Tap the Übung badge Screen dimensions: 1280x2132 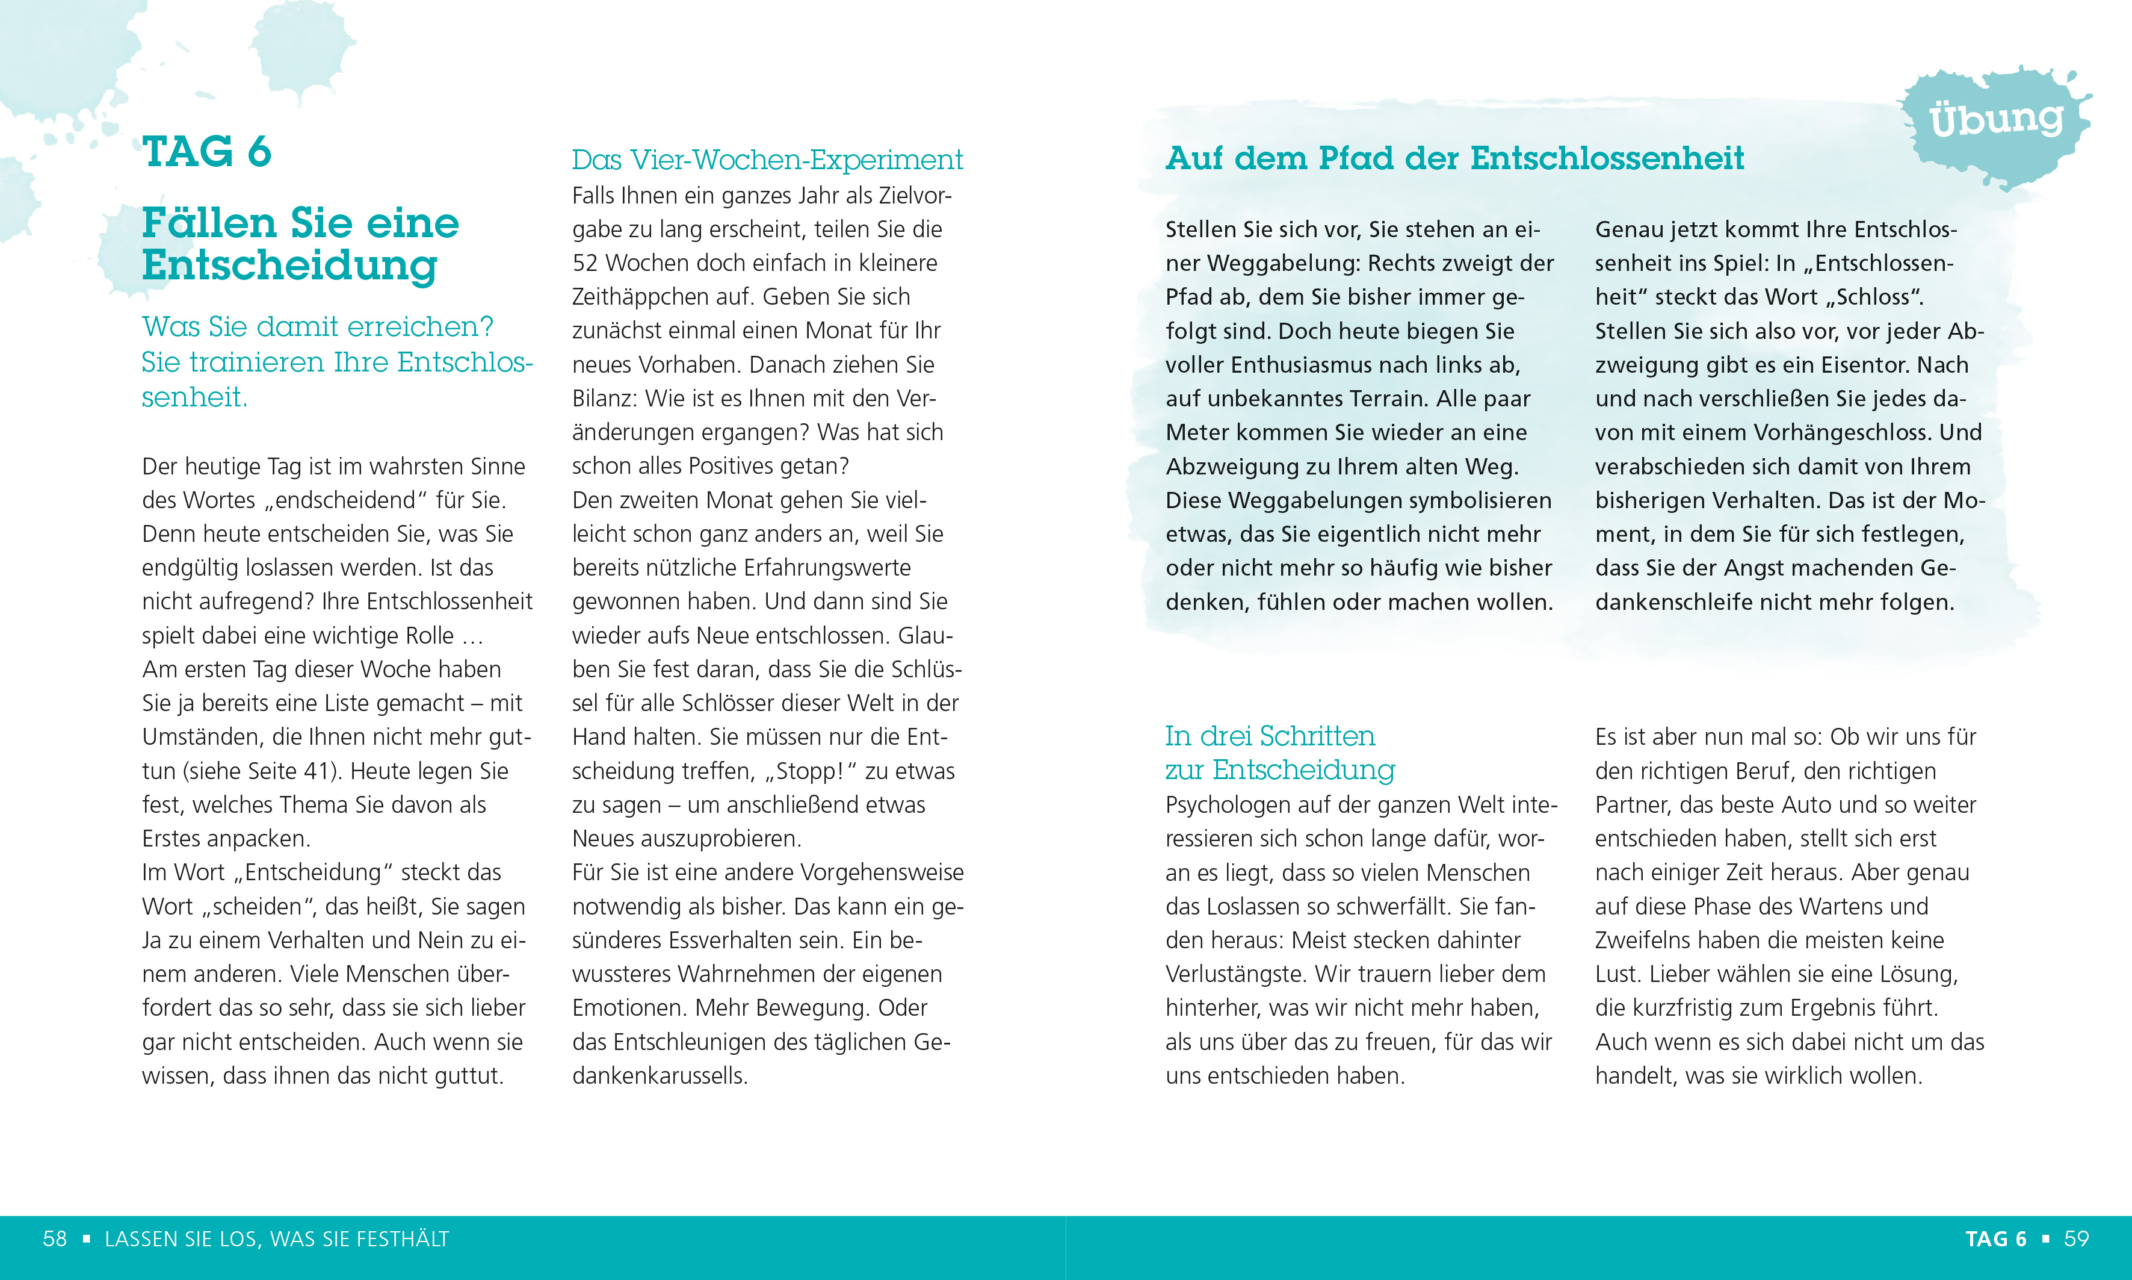point(1996,120)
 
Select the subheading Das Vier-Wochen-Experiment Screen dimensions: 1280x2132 point(767,160)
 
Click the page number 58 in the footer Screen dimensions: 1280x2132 point(54,1240)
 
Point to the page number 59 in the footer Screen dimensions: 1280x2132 point(2076,1240)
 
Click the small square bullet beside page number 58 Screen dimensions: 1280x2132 point(86,1240)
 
